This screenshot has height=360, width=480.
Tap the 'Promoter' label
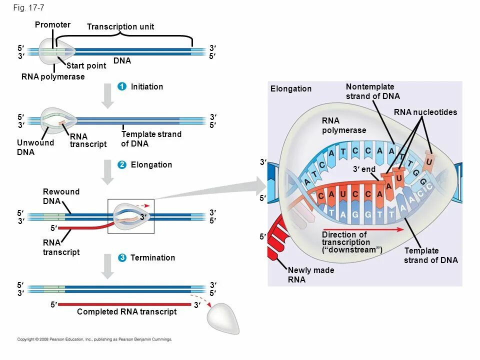52,24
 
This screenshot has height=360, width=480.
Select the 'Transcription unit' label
120,26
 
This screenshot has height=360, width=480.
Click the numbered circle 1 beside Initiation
121,87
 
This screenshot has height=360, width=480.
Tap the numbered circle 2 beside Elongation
121,165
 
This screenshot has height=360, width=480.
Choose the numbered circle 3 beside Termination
121,257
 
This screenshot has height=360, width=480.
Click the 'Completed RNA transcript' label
126,312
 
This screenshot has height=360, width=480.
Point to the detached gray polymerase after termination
223,318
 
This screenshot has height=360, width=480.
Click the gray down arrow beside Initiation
107,95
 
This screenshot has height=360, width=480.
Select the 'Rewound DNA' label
61,196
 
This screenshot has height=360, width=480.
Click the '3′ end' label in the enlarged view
364,169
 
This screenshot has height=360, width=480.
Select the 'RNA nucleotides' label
425,112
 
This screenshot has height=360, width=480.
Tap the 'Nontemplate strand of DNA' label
372,91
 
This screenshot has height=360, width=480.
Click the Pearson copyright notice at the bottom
94,339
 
